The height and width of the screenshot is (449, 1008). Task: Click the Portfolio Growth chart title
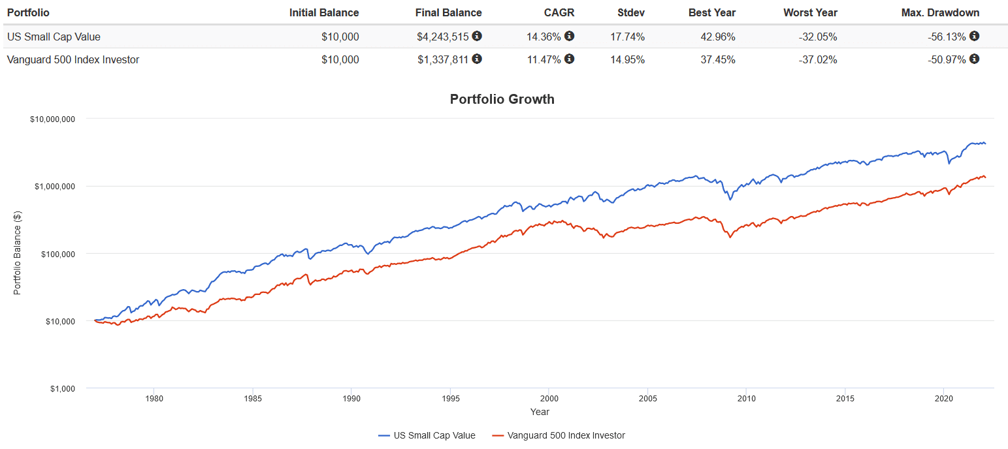(x=502, y=99)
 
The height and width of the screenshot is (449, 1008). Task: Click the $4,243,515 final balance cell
(x=443, y=37)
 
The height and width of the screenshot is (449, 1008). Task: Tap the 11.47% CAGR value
(x=544, y=59)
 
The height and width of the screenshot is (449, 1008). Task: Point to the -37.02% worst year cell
(x=817, y=59)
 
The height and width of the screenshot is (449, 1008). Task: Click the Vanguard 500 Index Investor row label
(x=73, y=59)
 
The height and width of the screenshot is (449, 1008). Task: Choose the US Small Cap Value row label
(x=53, y=37)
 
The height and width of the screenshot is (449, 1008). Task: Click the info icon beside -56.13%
(x=974, y=36)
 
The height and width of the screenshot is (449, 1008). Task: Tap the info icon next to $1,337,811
(x=477, y=59)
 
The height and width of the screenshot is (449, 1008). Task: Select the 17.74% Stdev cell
(x=627, y=37)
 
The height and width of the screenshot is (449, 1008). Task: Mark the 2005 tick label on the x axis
(x=647, y=398)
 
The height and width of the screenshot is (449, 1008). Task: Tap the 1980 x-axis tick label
(x=154, y=398)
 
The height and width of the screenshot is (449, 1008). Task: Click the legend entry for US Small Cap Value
(x=427, y=435)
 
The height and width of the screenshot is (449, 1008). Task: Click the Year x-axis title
(x=540, y=412)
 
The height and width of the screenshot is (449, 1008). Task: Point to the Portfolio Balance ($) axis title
(x=18, y=253)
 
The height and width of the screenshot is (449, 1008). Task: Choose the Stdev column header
(x=630, y=12)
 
